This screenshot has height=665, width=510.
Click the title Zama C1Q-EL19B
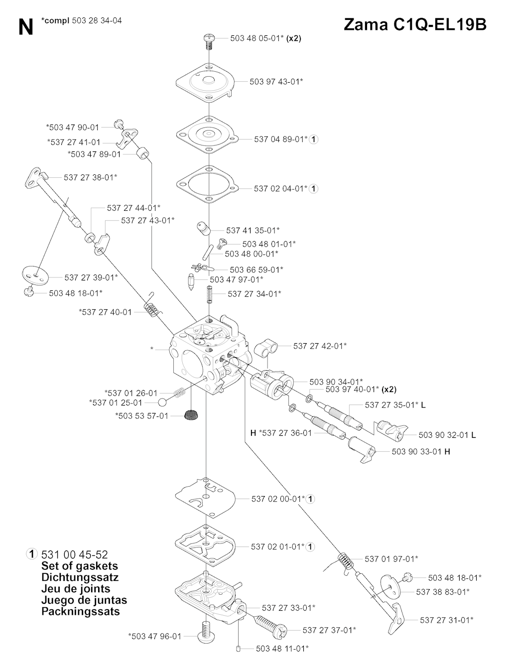(x=415, y=24)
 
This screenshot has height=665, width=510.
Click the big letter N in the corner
(x=25, y=27)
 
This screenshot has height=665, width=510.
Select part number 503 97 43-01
(x=276, y=81)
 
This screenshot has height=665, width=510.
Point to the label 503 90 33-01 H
(x=421, y=451)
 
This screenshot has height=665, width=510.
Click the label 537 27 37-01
(x=329, y=630)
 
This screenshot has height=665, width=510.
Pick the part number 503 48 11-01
(x=282, y=649)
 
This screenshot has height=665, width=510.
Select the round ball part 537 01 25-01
(x=163, y=402)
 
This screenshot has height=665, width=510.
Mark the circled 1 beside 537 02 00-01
(x=311, y=499)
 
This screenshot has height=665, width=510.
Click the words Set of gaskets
(x=80, y=566)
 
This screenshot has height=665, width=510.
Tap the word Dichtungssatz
(x=80, y=577)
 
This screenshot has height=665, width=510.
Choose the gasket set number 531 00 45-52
(x=75, y=554)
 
